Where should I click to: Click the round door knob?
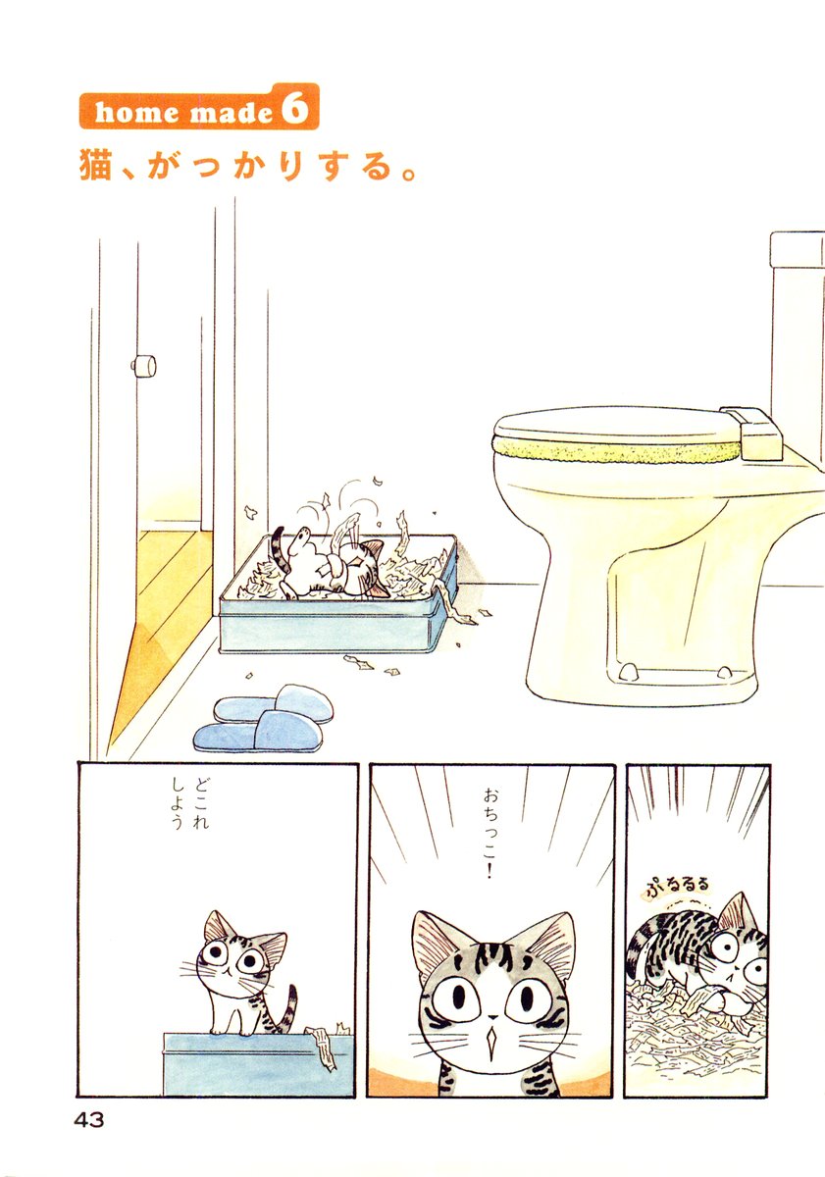point(143,366)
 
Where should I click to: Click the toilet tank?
point(798,347)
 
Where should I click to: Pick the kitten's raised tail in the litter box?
point(280,550)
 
